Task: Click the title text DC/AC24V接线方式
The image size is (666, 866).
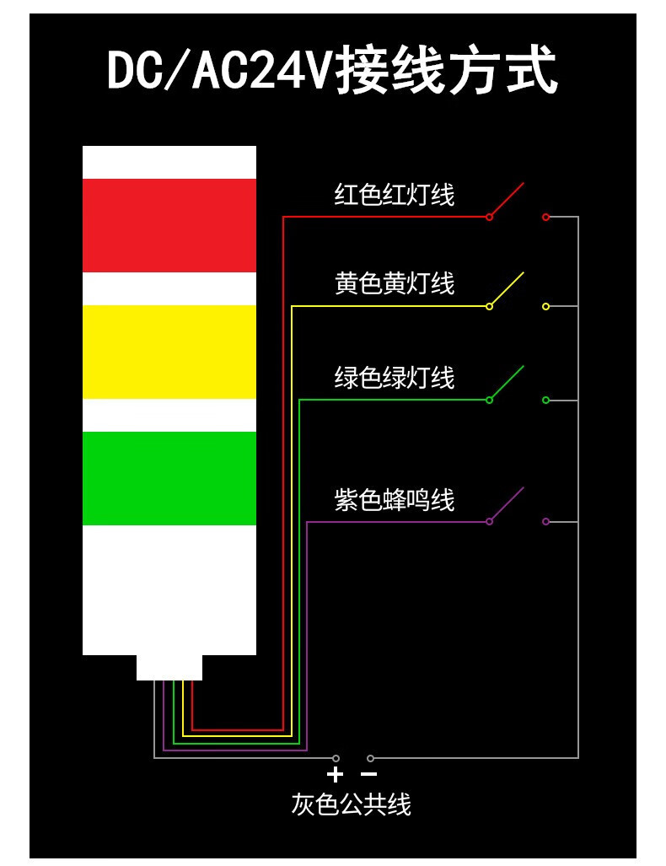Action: (x=332, y=71)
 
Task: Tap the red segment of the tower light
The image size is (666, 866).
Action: (x=169, y=225)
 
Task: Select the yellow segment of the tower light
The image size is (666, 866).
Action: (x=169, y=352)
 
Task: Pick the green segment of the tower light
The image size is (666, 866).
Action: (x=169, y=478)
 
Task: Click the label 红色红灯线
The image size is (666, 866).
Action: (x=395, y=195)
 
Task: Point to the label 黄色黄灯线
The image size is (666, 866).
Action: (x=395, y=283)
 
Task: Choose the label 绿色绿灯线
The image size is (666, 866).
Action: (x=395, y=377)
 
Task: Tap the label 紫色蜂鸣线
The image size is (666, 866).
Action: (x=395, y=500)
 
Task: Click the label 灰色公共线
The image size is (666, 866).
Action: (x=352, y=804)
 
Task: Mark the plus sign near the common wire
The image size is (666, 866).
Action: (x=336, y=774)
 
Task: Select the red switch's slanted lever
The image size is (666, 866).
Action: (x=507, y=200)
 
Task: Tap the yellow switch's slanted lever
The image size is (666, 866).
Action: (x=507, y=289)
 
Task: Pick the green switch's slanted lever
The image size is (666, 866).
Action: (x=507, y=383)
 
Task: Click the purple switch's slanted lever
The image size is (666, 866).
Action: (x=507, y=504)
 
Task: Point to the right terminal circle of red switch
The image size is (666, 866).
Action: (x=545, y=218)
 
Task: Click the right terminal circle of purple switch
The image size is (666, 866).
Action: (x=545, y=522)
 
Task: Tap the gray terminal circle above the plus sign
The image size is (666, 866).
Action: (x=336, y=758)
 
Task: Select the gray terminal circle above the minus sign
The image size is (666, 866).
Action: (x=370, y=758)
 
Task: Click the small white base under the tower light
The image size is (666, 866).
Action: (x=169, y=667)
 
